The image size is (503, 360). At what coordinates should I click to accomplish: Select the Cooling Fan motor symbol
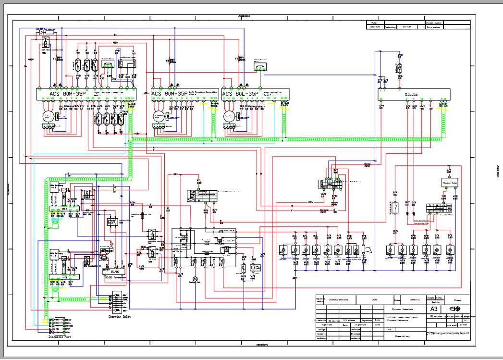(195, 278)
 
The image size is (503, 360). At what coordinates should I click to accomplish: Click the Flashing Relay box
(450, 183)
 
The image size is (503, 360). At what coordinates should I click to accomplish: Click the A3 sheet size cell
(433, 309)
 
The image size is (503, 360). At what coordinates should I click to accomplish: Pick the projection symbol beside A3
(454, 309)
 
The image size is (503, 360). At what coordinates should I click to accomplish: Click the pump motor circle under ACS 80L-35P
(230, 116)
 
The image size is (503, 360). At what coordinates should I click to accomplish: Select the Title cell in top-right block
(374, 23)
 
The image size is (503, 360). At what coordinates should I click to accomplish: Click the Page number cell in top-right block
(435, 27)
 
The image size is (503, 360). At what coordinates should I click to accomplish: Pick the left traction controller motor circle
(159, 116)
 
